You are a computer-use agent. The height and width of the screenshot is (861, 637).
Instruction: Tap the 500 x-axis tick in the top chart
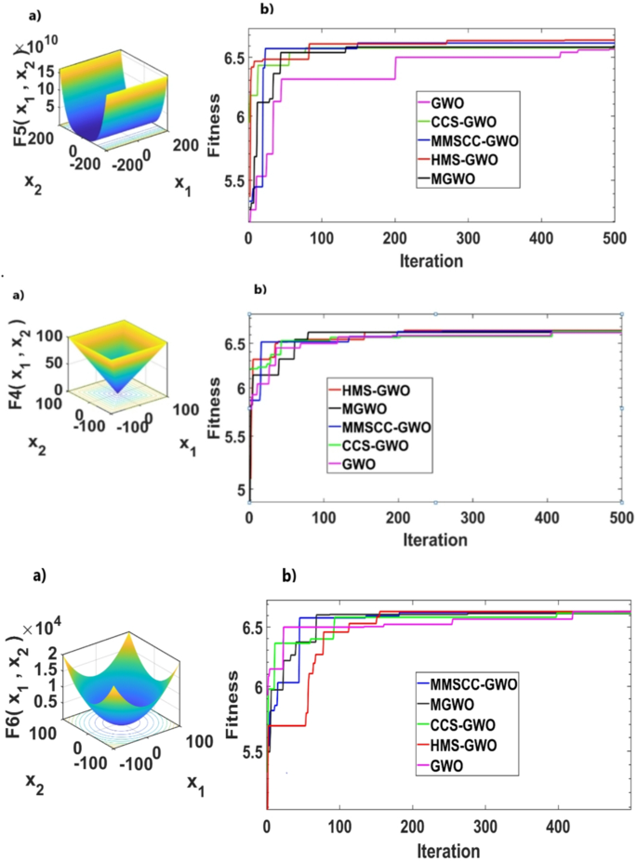pyautogui.click(x=615, y=239)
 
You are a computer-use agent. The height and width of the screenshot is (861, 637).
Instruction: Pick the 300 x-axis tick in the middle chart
pyautogui.click(x=472, y=516)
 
